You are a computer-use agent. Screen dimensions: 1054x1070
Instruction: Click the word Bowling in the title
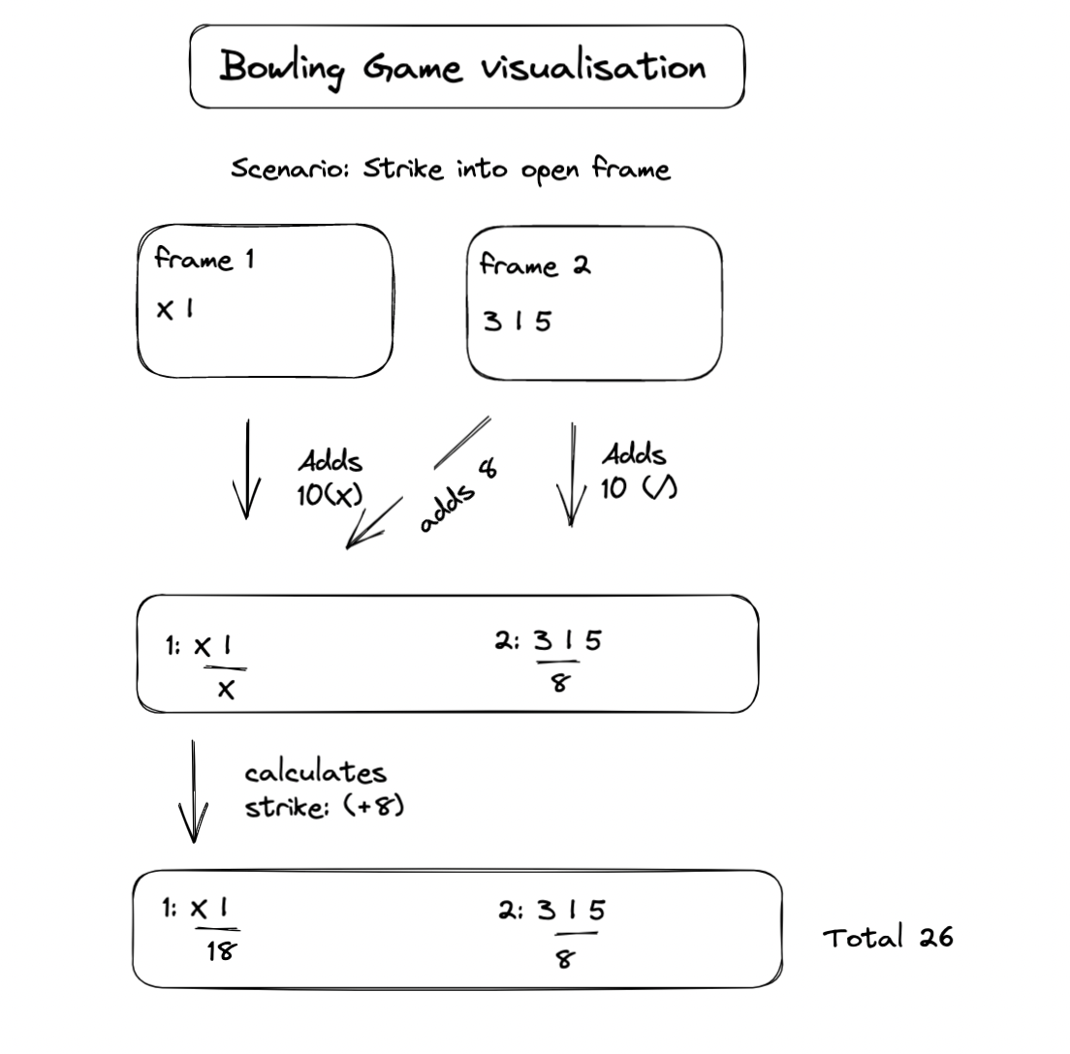282,68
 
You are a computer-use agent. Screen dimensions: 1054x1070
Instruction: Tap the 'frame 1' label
205,260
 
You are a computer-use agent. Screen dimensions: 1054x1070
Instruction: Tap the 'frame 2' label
534,265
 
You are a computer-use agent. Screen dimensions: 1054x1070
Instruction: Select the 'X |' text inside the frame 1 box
174,309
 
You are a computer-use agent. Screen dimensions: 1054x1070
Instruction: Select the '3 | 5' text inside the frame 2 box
518,321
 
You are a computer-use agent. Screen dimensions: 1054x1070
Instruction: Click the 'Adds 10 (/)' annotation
637,472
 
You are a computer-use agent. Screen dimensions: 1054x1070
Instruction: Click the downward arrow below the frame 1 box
246,469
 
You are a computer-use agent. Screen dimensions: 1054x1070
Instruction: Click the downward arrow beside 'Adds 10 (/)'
572,474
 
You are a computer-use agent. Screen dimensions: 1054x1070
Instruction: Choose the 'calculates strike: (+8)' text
322,790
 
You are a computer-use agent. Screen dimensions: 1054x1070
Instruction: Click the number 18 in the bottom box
220,951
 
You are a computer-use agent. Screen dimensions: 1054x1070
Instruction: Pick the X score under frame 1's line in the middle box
226,689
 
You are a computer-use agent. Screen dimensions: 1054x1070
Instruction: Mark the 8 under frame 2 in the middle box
559,683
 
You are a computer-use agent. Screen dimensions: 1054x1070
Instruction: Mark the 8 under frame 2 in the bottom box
565,959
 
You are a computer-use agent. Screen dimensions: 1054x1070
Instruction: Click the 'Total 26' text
888,938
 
